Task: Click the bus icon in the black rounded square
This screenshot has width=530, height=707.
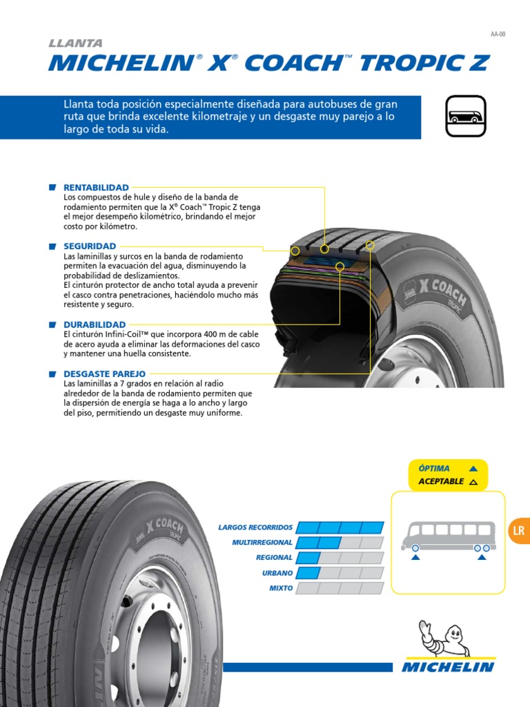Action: coord(465,117)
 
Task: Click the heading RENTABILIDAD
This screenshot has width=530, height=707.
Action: coord(96,188)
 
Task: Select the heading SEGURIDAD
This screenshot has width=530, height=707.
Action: coord(90,246)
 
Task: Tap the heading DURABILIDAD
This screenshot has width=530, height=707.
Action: coord(95,325)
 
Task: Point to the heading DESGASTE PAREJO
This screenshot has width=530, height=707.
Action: coord(104,374)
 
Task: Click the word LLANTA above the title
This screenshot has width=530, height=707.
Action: coord(75,43)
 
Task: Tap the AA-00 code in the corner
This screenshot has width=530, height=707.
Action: coord(498,33)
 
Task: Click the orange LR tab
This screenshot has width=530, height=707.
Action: coord(519,531)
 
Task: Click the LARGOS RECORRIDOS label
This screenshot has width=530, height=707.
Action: coord(255,527)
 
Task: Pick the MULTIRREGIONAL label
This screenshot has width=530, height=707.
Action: coord(262,543)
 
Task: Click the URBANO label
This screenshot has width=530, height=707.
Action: coord(277,573)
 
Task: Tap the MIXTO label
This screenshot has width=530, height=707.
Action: coord(281,588)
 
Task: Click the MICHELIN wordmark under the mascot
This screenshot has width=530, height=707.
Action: coord(449,667)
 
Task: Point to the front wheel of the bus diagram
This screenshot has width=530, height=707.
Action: coord(415,548)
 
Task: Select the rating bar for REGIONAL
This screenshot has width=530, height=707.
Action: coord(342,558)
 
